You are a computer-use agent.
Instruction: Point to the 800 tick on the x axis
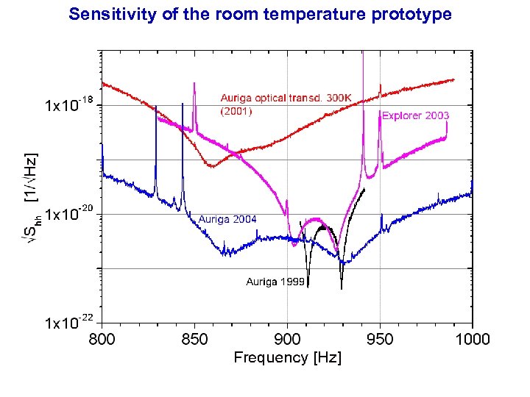(102, 339)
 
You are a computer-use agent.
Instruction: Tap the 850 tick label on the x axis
(194, 339)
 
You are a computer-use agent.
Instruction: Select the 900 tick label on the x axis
(287, 339)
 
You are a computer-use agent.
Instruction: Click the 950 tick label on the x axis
(380, 339)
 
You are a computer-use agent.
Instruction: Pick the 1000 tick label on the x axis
(472, 339)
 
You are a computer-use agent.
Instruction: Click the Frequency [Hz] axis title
(287, 358)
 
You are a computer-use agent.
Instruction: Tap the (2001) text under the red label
(236, 112)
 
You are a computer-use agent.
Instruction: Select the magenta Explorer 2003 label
(414, 115)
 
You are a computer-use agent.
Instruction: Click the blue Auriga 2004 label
(227, 219)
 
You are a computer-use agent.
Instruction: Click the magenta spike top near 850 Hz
(194, 83)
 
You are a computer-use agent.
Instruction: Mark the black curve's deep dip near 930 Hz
(342, 287)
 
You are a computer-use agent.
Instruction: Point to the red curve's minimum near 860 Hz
(211, 167)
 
